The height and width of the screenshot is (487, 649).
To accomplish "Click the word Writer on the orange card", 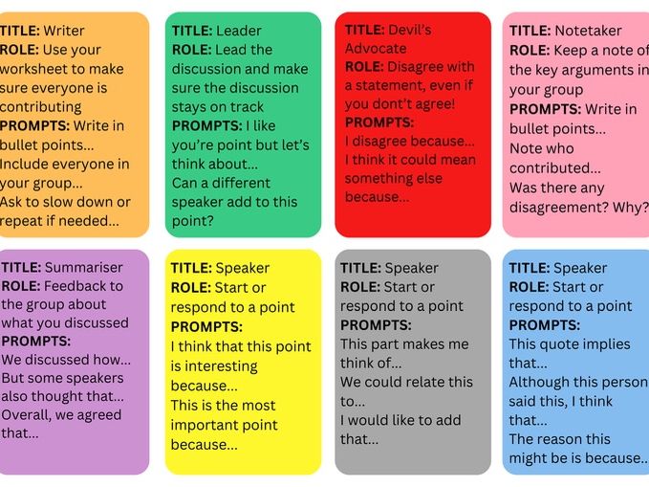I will (x=64, y=31).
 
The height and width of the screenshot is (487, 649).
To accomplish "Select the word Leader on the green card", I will (x=238, y=31).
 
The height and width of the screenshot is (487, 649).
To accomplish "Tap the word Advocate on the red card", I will (x=376, y=48).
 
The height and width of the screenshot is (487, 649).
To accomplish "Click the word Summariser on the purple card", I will (x=83, y=267).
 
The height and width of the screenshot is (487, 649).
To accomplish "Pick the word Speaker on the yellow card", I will (x=242, y=268).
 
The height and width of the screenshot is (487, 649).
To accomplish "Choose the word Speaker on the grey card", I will (x=411, y=268).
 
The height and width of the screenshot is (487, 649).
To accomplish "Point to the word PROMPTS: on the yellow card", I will (x=206, y=326).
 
